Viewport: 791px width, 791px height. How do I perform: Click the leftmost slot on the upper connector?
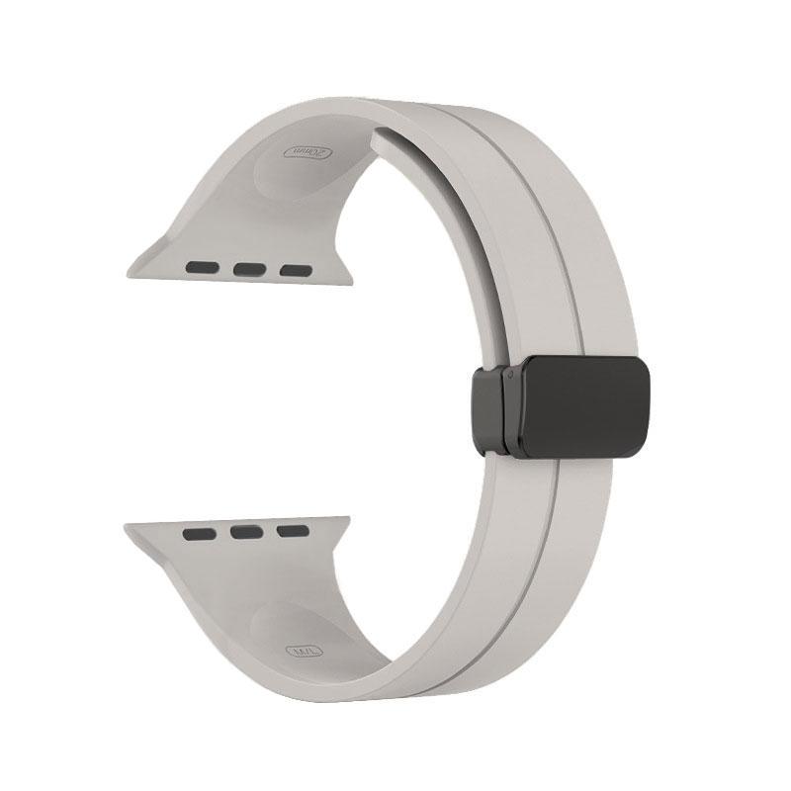pyautogui.click(x=202, y=267)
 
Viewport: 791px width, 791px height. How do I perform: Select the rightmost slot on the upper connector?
pyautogui.click(x=294, y=269)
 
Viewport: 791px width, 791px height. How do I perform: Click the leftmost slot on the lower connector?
pyautogui.click(x=199, y=534)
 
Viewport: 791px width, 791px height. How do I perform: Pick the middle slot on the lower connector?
pyautogui.click(x=246, y=533)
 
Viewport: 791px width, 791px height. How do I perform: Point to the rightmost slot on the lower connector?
pyautogui.click(x=293, y=531)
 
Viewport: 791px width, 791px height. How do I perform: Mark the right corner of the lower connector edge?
pyautogui.click(x=347, y=517)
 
